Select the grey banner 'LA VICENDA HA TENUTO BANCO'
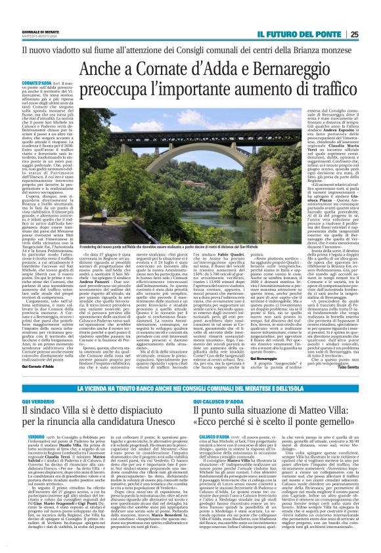coord(190,372)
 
